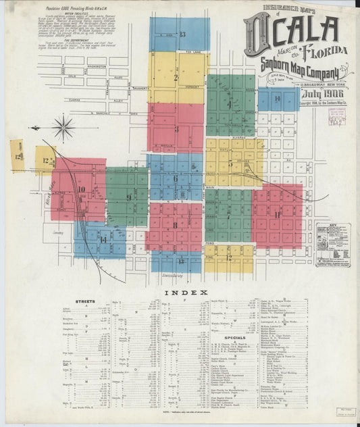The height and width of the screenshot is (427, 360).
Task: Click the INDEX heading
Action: pos(180,292)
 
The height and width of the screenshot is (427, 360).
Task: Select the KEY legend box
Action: pos(332,243)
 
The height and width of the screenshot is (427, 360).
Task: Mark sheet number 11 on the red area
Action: pos(277,215)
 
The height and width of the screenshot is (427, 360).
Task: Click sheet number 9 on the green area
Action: pos(128,197)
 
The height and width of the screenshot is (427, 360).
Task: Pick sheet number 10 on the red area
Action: pos(80,190)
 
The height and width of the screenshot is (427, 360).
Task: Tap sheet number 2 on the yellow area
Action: pos(176,78)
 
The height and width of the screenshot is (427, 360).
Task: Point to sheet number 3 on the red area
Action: pos(176,129)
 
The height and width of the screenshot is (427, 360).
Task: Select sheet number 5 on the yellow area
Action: pos(230,164)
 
